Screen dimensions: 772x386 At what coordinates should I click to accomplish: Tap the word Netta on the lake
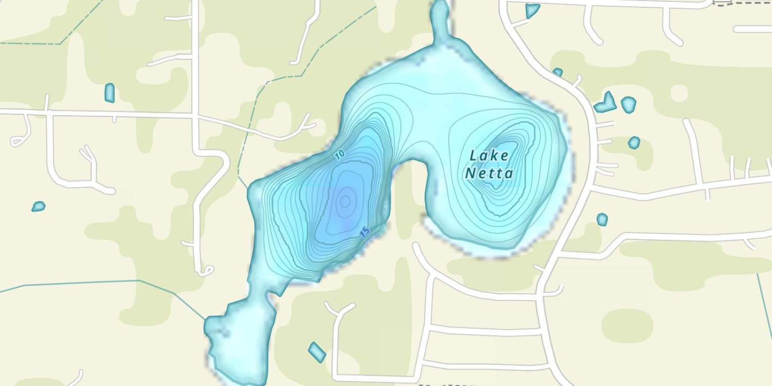point(489,173)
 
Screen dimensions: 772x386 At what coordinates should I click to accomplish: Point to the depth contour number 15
point(365,232)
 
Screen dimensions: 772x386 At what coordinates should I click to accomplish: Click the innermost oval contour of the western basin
point(345,201)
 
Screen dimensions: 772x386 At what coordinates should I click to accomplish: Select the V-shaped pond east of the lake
point(606,103)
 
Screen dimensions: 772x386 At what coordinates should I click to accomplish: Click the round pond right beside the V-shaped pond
point(628,104)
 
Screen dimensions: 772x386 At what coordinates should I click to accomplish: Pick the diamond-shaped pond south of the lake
point(317,352)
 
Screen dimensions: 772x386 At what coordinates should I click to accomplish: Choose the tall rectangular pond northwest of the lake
point(109,93)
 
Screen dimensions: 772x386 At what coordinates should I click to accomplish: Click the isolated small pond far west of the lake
point(39,206)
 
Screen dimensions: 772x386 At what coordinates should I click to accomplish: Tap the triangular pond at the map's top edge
point(532,10)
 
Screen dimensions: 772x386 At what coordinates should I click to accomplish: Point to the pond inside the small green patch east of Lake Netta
point(634,143)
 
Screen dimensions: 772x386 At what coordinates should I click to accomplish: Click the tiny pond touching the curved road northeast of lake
point(557,72)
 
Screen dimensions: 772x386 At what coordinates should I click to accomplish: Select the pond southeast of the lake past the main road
point(602,220)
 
